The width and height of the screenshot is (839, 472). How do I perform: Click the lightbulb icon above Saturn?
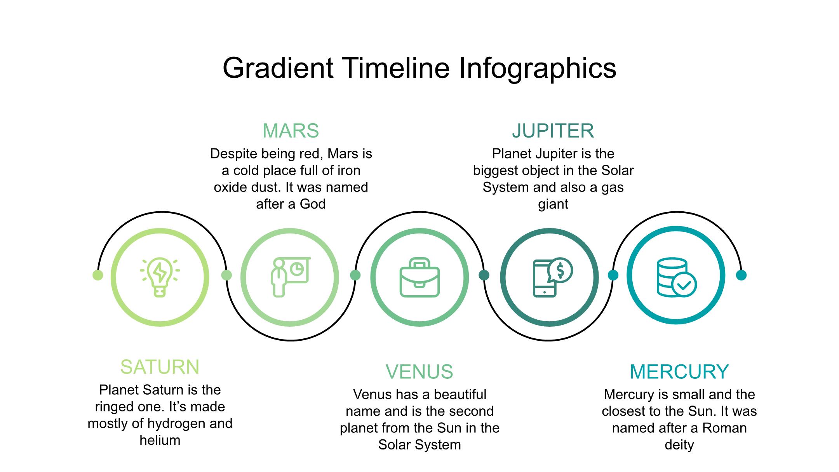pos(160,277)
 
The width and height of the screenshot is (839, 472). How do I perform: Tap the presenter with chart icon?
pos(290,277)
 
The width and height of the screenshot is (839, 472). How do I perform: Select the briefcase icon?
pos(419,277)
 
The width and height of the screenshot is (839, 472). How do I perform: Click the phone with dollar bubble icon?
pos(552,277)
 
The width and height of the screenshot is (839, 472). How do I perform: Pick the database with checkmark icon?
pos(677,277)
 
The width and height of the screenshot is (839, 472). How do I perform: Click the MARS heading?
pos(291,131)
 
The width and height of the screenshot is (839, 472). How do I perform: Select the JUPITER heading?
pos(553,131)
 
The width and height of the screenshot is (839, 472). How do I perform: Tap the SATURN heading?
pos(160,367)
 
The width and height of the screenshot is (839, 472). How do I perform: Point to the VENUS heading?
pos(419,372)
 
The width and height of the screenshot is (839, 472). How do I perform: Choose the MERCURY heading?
pos(679,372)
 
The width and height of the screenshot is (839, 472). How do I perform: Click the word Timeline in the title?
pos(396,68)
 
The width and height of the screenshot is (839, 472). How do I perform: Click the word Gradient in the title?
pos(278,68)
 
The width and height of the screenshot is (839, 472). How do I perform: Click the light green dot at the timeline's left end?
pos(98,275)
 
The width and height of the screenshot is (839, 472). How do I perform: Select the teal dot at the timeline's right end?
pos(741,275)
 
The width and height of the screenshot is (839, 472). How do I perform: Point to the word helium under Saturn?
pos(160,440)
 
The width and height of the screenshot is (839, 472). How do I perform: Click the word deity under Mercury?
pos(679,445)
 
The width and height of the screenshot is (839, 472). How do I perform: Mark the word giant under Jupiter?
pos(553,204)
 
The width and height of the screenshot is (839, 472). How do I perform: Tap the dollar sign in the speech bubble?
pos(560,270)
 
